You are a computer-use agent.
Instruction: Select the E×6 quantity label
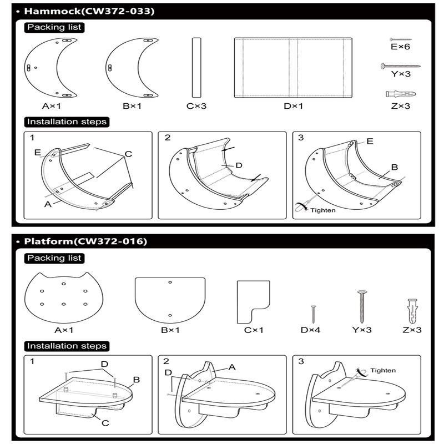pos(400,47)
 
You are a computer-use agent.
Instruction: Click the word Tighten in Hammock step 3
pos(323,210)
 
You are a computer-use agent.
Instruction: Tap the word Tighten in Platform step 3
pos(383,370)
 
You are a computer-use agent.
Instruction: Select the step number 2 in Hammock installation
pos(167,138)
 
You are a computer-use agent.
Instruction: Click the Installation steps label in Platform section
pos(66,346)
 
